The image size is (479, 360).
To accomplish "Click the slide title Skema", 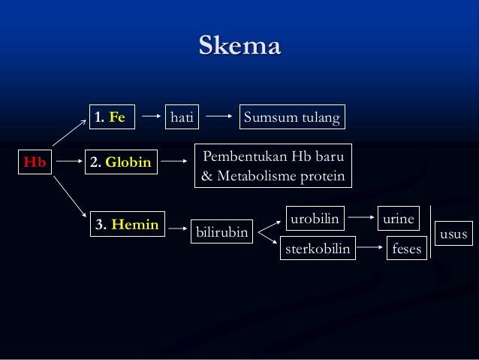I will tap(239, 46).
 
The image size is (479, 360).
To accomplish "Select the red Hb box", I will tap(34, 161).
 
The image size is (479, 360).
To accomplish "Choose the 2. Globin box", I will tap(121, 162).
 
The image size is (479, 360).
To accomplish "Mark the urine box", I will tap(398, 219).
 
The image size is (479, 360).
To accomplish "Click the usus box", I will tap(453, 234).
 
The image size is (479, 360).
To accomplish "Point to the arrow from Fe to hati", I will tap(152, 116).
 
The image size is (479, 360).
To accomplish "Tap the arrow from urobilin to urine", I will tap(362, 219).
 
